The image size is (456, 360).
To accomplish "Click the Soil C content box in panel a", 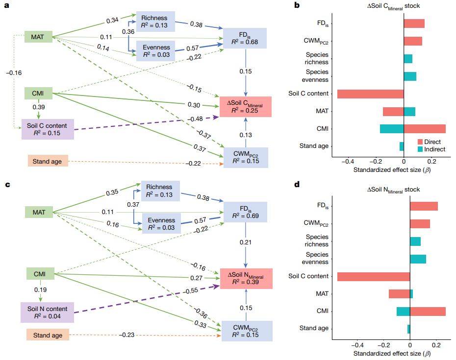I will coord(48,129).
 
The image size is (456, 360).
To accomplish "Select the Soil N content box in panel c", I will coord(47,312).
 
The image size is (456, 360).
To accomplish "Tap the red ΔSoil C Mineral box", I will coord(245,106).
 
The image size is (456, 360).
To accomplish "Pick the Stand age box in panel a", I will coord(47,161).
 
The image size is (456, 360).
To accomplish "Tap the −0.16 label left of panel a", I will coord(14,73).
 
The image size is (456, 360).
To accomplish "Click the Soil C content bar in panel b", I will coord(370,94).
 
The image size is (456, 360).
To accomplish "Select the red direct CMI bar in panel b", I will coord(425,129).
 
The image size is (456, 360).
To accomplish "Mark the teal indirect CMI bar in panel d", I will coord(403,311).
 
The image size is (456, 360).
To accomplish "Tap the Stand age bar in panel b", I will coord(402,146).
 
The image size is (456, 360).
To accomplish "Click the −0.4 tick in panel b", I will coord(348,161).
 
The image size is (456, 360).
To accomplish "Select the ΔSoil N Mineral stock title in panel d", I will coord(393,190).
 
